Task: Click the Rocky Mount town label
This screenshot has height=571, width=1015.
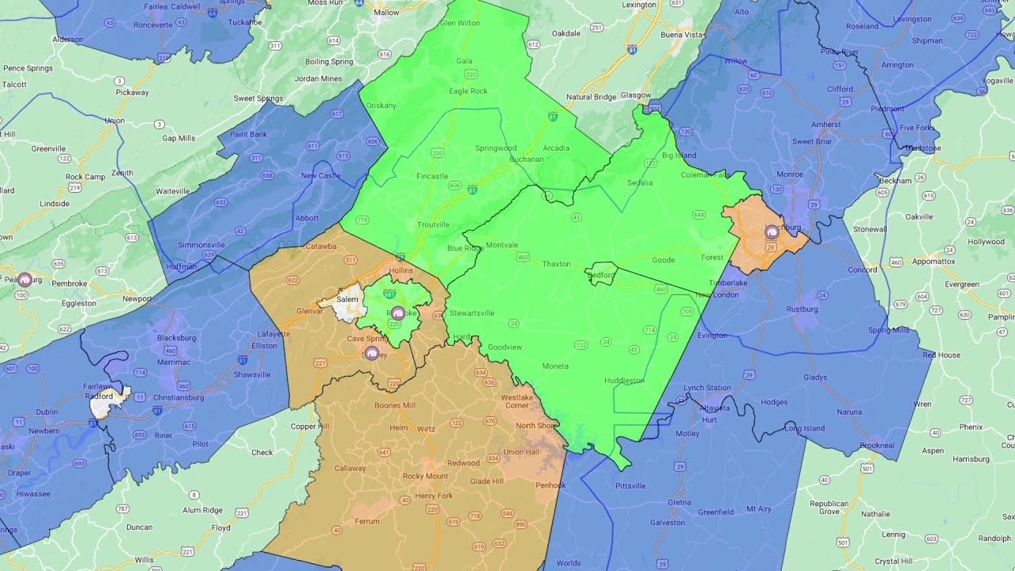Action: click(x=425, y=476)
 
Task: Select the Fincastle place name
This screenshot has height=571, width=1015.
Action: click(x=432, y=176)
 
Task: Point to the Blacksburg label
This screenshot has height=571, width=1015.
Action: click(x=176, y=337)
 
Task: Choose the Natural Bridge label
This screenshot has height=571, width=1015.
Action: click(x=591, y=97)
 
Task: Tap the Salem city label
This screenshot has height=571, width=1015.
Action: click(x=347, y=299)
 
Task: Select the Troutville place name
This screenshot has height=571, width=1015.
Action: click(x=433, y=225)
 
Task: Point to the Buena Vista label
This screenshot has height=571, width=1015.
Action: click(x=682, y=35)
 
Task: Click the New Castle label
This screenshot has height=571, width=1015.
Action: click(x=320, y=175)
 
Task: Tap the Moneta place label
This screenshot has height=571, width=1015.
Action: click(x=555, y=366)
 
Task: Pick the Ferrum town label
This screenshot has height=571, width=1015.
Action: click(x=367, y=521)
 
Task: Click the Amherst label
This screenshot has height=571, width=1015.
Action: click(x=826, y=124)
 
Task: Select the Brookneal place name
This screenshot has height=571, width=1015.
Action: click(x=877, y=445)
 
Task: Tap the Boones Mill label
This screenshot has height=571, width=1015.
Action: click(x=395, y=405)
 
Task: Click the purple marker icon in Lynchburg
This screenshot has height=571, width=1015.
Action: click(x=772, y=232)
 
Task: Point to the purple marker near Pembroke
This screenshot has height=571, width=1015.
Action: click(x=25, y=279)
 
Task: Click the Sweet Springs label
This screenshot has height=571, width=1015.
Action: click(x=259, y=98)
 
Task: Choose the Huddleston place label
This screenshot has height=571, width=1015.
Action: click(x=624, y=381)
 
